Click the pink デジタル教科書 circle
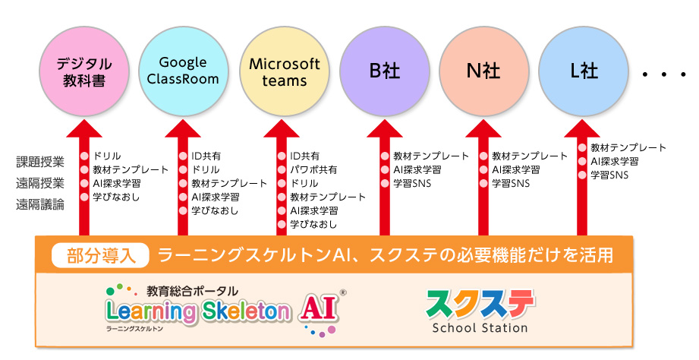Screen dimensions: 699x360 pos(84,71)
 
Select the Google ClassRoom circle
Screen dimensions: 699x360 pos(183,71)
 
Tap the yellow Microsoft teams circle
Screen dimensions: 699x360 pos(285,71)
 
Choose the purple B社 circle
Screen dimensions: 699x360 pos(385,71)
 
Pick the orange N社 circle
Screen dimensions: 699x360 pos(484,71)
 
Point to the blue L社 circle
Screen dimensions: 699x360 pos(584,71)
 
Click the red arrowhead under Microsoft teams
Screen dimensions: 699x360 pos(282,128)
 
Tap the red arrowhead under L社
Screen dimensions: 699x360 pos(582,128)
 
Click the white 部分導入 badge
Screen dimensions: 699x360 pos(100,255)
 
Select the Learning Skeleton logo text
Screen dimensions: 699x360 pos(197,311)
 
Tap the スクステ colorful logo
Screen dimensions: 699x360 pos(480,305)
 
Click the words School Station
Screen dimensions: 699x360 pos(480,328)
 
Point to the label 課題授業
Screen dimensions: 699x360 pos(40,162)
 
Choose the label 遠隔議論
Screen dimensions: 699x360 pos(40,204)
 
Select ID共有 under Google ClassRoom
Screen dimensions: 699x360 pos(206,156)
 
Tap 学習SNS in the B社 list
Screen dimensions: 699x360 pos(412,183)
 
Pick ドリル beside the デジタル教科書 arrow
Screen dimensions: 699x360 pos(107,156)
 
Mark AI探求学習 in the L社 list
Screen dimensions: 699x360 pos(615,162)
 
